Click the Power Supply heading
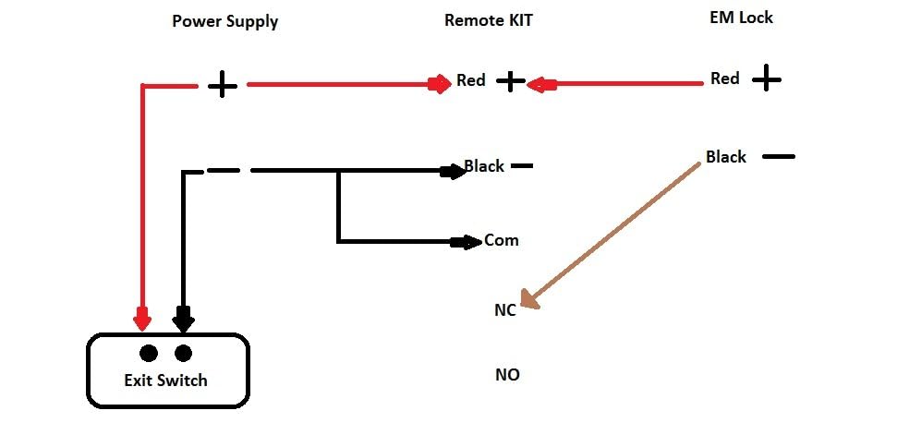[x=224, y=21]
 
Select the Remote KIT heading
[x=488, y=20]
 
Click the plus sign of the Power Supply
[x=222, y=86]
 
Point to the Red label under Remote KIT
[x=471, y=81]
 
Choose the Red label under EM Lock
[x=725, y=79]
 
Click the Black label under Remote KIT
[x=484, y=166]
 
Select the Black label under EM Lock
[x=725, y=157]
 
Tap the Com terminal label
[x=502, y=241]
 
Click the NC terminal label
[x=504, y=311]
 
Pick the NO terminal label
[x=507, y=375]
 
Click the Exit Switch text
[x=166, y=381]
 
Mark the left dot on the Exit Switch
[x=148, y=353]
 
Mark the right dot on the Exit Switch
[x=183, y=353]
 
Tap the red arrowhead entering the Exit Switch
[x=141, y=320]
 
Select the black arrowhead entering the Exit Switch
[x=183, y=320]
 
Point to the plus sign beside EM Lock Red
[x=766, y=79]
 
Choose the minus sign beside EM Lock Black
[x=778, y=156]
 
